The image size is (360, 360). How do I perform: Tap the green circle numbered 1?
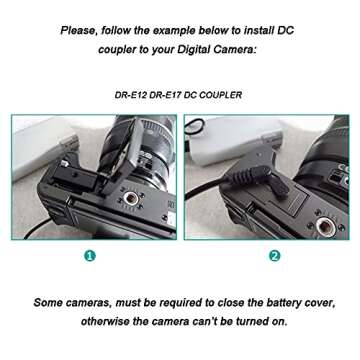pos(90,255)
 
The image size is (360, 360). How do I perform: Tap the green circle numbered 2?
pos(274,255)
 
